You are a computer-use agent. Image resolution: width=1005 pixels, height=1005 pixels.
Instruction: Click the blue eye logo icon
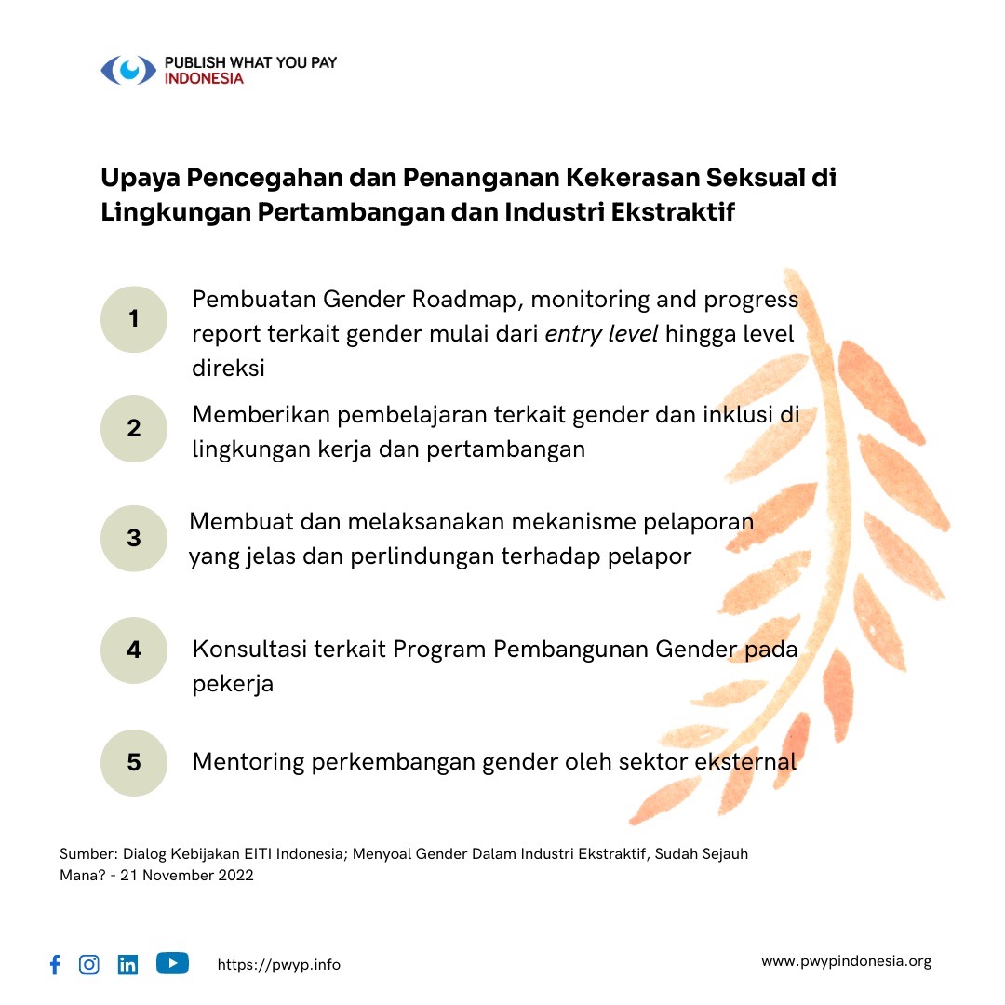(x=128, y=71)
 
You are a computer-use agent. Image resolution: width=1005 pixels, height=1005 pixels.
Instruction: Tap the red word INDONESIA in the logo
(x=204, y=79)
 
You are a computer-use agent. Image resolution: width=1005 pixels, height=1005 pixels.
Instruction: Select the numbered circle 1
(x=134, y=319)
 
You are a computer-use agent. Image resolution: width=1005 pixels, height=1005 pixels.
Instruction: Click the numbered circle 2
(x=134, y=428)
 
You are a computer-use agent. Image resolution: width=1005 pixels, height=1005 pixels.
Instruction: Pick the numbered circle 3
(x=134, y=538)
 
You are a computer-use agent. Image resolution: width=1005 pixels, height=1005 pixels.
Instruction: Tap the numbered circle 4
(x=134, y=650)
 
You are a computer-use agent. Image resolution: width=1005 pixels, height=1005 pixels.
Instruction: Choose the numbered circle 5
(x=134, y=762)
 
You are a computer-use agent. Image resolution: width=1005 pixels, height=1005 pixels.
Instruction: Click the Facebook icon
(x=55, y=965)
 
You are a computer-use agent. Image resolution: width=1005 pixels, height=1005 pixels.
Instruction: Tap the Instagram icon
(x=89, y=965)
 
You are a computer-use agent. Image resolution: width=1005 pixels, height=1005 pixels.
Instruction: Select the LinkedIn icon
(x=127, y=965)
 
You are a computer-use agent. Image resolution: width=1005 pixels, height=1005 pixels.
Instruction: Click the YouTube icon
(x=172, y=963)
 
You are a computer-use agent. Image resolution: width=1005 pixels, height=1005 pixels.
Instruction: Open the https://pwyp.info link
(x=279, y=965)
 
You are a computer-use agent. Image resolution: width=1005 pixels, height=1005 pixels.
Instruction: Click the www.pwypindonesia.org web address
(x=846, y=961)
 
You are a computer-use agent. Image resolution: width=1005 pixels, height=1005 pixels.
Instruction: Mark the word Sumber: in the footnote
(x=85, y=853)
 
